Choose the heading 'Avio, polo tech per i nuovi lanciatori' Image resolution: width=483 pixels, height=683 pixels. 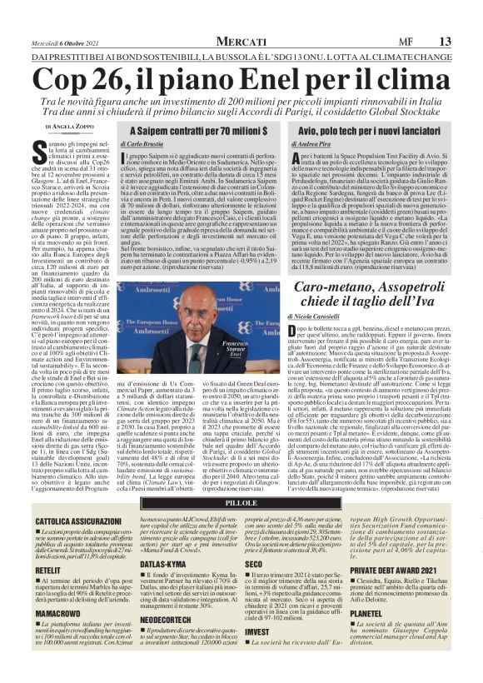[371, 131]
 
